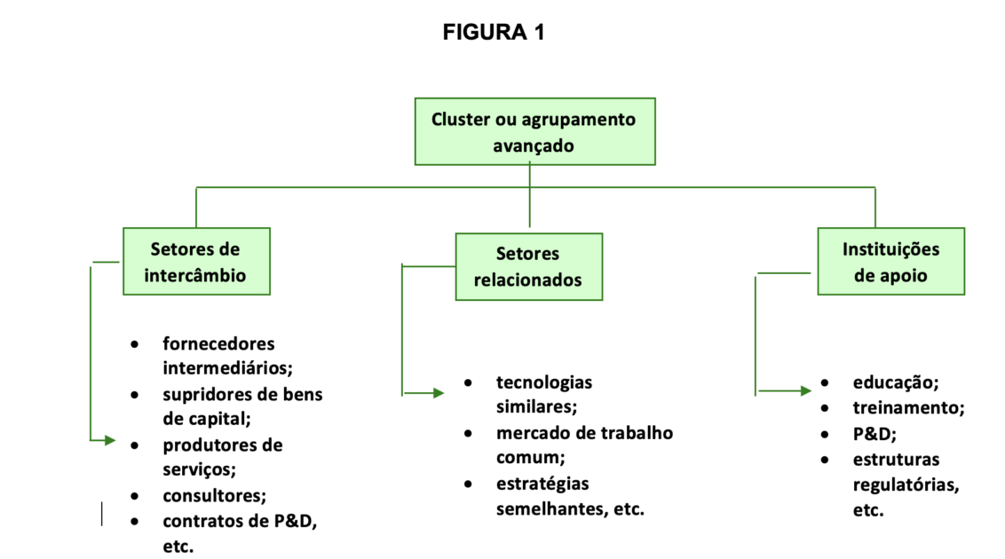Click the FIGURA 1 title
tap(494, 33)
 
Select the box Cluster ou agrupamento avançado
tap(534, 131)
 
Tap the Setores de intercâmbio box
tap(195, 262)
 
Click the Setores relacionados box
tap(528, 266)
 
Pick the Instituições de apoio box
tap(890, 262)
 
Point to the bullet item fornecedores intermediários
tap(219, 354)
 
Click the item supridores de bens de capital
tap(241, 405)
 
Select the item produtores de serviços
tap(222, 456)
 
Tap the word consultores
tap(214, 495)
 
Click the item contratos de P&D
tap(239, 521)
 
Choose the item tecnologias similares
tap(543, 394)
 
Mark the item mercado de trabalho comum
tap(584, 445)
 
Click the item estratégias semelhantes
tap(569, 496)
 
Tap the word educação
tap(895, 382)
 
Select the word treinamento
tap(908, 408)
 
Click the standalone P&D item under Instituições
tap(874, 434)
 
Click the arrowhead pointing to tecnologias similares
tap(438, 393)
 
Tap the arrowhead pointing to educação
tap(804, 390)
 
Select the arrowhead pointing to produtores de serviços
tap(109, 440)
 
